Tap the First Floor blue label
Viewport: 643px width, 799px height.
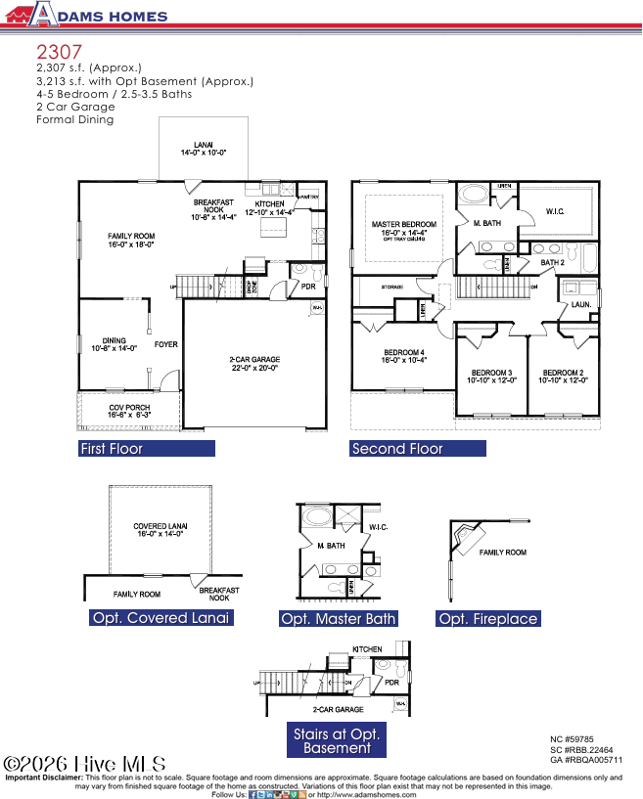click(146, 449)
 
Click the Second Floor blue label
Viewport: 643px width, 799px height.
click(418, 449)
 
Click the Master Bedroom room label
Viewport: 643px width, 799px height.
click(403, 229)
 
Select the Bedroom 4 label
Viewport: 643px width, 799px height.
click(403, 356)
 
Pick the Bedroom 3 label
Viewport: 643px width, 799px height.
click(491, 377)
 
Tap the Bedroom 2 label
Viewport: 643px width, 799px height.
click(563, 377)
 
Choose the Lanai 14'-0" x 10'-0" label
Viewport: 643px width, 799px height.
click(203, 149)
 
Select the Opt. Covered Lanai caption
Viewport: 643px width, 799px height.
click(161, 618)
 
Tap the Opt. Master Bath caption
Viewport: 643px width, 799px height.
click(338, 619)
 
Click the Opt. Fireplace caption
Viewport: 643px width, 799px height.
click(487, 619)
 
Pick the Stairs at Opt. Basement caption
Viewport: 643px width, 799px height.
click(337, 740)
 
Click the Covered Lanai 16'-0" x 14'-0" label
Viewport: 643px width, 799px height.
click(161, 531)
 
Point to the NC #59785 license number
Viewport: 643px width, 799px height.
click(572, 739)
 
